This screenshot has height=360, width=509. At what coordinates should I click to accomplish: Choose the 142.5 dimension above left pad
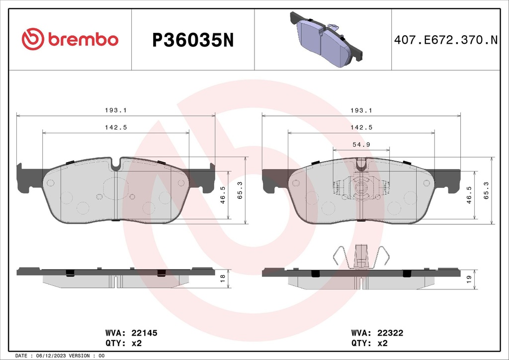pos(116,127)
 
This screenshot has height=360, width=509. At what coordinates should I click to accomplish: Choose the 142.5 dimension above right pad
pos(361,127)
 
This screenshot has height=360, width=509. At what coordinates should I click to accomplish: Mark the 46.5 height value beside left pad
pos(223,195)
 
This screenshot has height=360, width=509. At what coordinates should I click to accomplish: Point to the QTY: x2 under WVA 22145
pos(124,343)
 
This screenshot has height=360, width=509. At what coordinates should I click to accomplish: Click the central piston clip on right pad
pos(361,189)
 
